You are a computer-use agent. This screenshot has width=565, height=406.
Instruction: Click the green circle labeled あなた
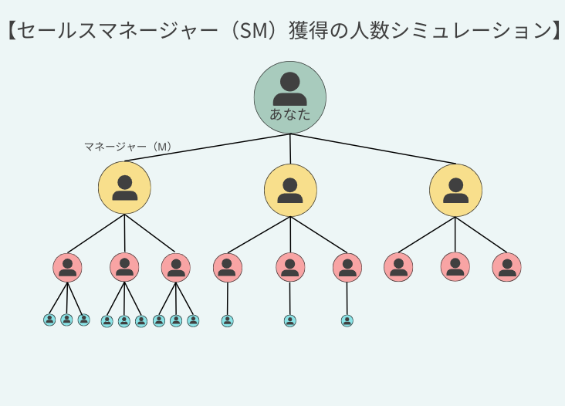coord(290,96)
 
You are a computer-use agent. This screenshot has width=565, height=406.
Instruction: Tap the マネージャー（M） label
coord(127,146)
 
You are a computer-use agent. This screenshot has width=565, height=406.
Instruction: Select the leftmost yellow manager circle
coord(124,188)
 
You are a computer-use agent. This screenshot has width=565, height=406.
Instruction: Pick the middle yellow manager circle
coord(290,190)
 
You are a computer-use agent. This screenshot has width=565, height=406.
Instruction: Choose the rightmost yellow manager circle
coord(455,190)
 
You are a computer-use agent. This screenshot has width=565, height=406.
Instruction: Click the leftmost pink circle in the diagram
coord(67,267)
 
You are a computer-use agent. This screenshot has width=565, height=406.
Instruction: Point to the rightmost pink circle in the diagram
coord(506,267)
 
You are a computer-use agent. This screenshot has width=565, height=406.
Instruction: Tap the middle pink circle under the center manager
coord(290,267)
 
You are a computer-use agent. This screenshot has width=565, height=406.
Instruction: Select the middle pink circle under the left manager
coord(124,267)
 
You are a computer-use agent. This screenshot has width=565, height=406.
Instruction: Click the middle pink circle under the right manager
coord(455,267)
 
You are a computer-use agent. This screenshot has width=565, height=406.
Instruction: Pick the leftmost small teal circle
coord(49,320)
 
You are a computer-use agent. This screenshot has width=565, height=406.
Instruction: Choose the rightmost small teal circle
coord(347,320)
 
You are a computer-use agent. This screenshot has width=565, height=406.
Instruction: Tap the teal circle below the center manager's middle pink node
coord(290,320)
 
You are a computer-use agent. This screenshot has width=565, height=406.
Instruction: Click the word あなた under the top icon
coord(290,115)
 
